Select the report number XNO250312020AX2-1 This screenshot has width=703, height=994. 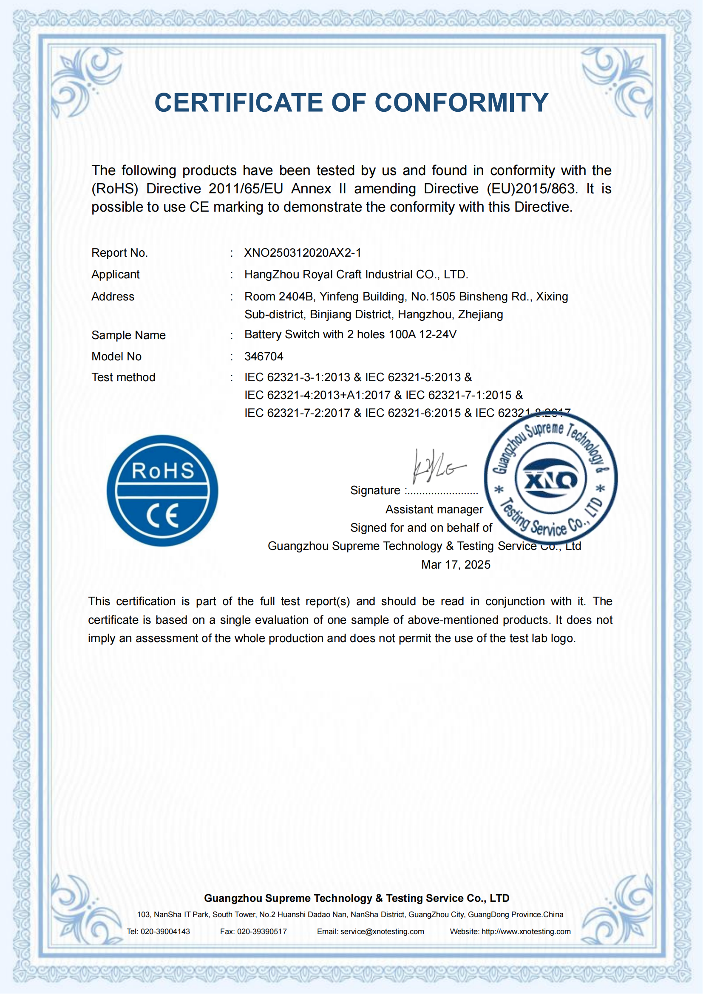303,253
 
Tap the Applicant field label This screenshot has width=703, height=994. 116,275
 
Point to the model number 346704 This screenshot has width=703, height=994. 264,356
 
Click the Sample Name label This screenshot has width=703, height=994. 128,335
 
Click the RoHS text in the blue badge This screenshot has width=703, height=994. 163,470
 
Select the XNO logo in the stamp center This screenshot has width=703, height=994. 550,479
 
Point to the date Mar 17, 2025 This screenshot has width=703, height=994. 455,564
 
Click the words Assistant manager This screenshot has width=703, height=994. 434,510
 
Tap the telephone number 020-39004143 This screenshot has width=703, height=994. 165,931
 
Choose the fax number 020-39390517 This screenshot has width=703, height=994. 262,931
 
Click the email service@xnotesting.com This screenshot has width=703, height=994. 382,931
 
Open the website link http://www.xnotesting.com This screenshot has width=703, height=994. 526,931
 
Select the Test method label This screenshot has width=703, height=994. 123,377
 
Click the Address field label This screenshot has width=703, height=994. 113,297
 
